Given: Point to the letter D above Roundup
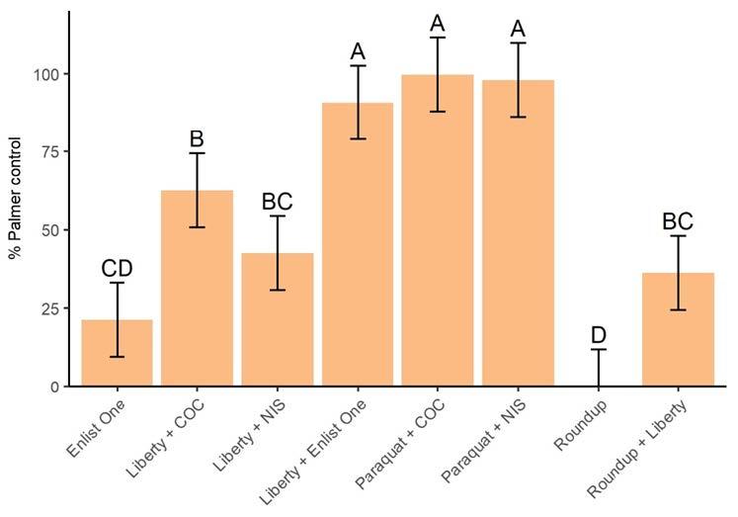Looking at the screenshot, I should [598, 335].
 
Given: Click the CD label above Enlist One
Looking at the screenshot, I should [117, 269].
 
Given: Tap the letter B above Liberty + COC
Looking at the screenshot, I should [197, 139].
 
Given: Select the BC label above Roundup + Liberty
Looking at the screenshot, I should [678, 221].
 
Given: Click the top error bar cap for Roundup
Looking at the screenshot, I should [598, 349].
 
